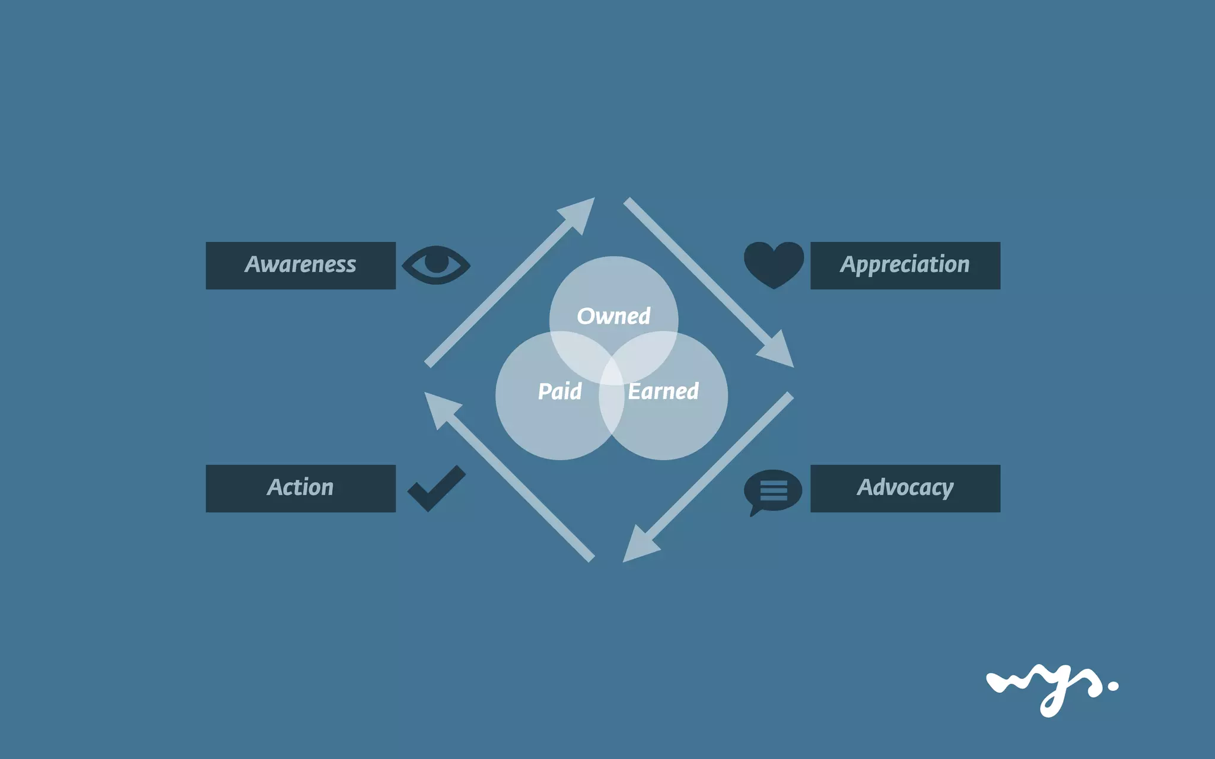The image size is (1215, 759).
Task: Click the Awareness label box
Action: (300, 265)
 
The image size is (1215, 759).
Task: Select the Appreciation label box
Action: (905, 265)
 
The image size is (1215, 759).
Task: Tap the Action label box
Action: (300, 488)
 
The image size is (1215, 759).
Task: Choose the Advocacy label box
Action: (905, 488)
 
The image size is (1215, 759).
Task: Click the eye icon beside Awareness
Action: (436, 264)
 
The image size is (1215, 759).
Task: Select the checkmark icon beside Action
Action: (436, 488)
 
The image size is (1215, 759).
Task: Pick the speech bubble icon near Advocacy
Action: (772, 491)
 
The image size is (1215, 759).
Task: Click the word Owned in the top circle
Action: (613, 316)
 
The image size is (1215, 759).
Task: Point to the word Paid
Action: (559, 391)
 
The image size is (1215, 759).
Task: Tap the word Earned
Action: (663, 391)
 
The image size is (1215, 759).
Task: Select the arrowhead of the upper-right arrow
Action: (778, 352)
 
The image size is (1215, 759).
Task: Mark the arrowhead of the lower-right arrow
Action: (638, 547)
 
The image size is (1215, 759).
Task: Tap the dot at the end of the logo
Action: (1112, 686)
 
